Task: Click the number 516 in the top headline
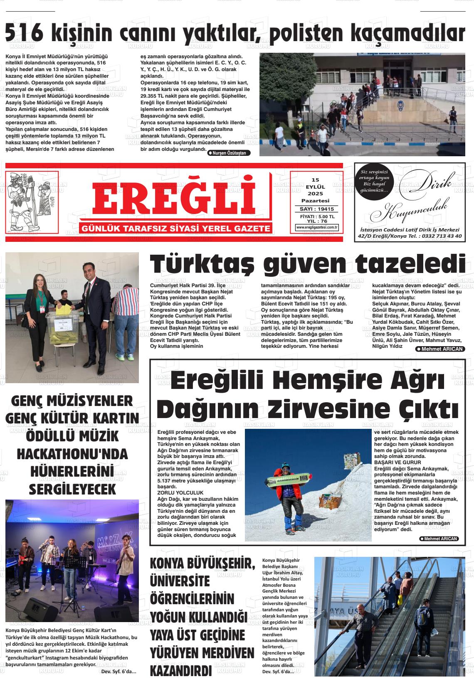[24, 33]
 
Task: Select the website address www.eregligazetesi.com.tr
[317, 227]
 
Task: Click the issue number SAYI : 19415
[317, 209]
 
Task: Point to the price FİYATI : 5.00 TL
[317, 217]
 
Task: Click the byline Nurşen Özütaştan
[229, 153]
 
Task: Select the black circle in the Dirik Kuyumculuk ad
[374, 181]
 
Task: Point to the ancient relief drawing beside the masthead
[32, 201]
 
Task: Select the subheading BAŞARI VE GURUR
[397, 462]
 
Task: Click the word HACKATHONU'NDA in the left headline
[72, 454]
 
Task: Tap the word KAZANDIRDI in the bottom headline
[180, 671]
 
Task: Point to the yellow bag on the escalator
[400, 599]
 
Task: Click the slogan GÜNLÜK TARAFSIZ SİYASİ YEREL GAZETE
[177, 229]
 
